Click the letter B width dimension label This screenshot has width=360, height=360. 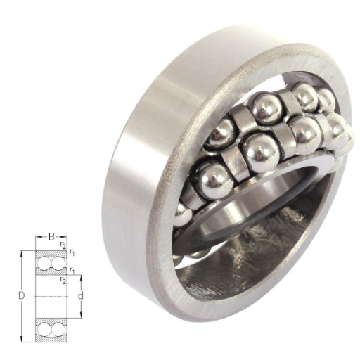[x=51, y=237]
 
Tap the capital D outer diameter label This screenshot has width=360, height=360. [x=22, y=296]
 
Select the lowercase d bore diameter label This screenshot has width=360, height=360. [x=81, y=296]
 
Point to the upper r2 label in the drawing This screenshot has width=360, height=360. [x=63, y=245]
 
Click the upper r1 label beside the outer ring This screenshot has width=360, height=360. [x=72, y=252]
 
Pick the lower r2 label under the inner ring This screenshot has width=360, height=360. [x=63, y=279]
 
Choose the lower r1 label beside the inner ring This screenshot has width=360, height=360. [x=72, y=271]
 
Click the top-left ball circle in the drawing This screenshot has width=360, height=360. [x=44, y=262]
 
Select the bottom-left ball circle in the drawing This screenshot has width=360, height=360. [x=44, y=330]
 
